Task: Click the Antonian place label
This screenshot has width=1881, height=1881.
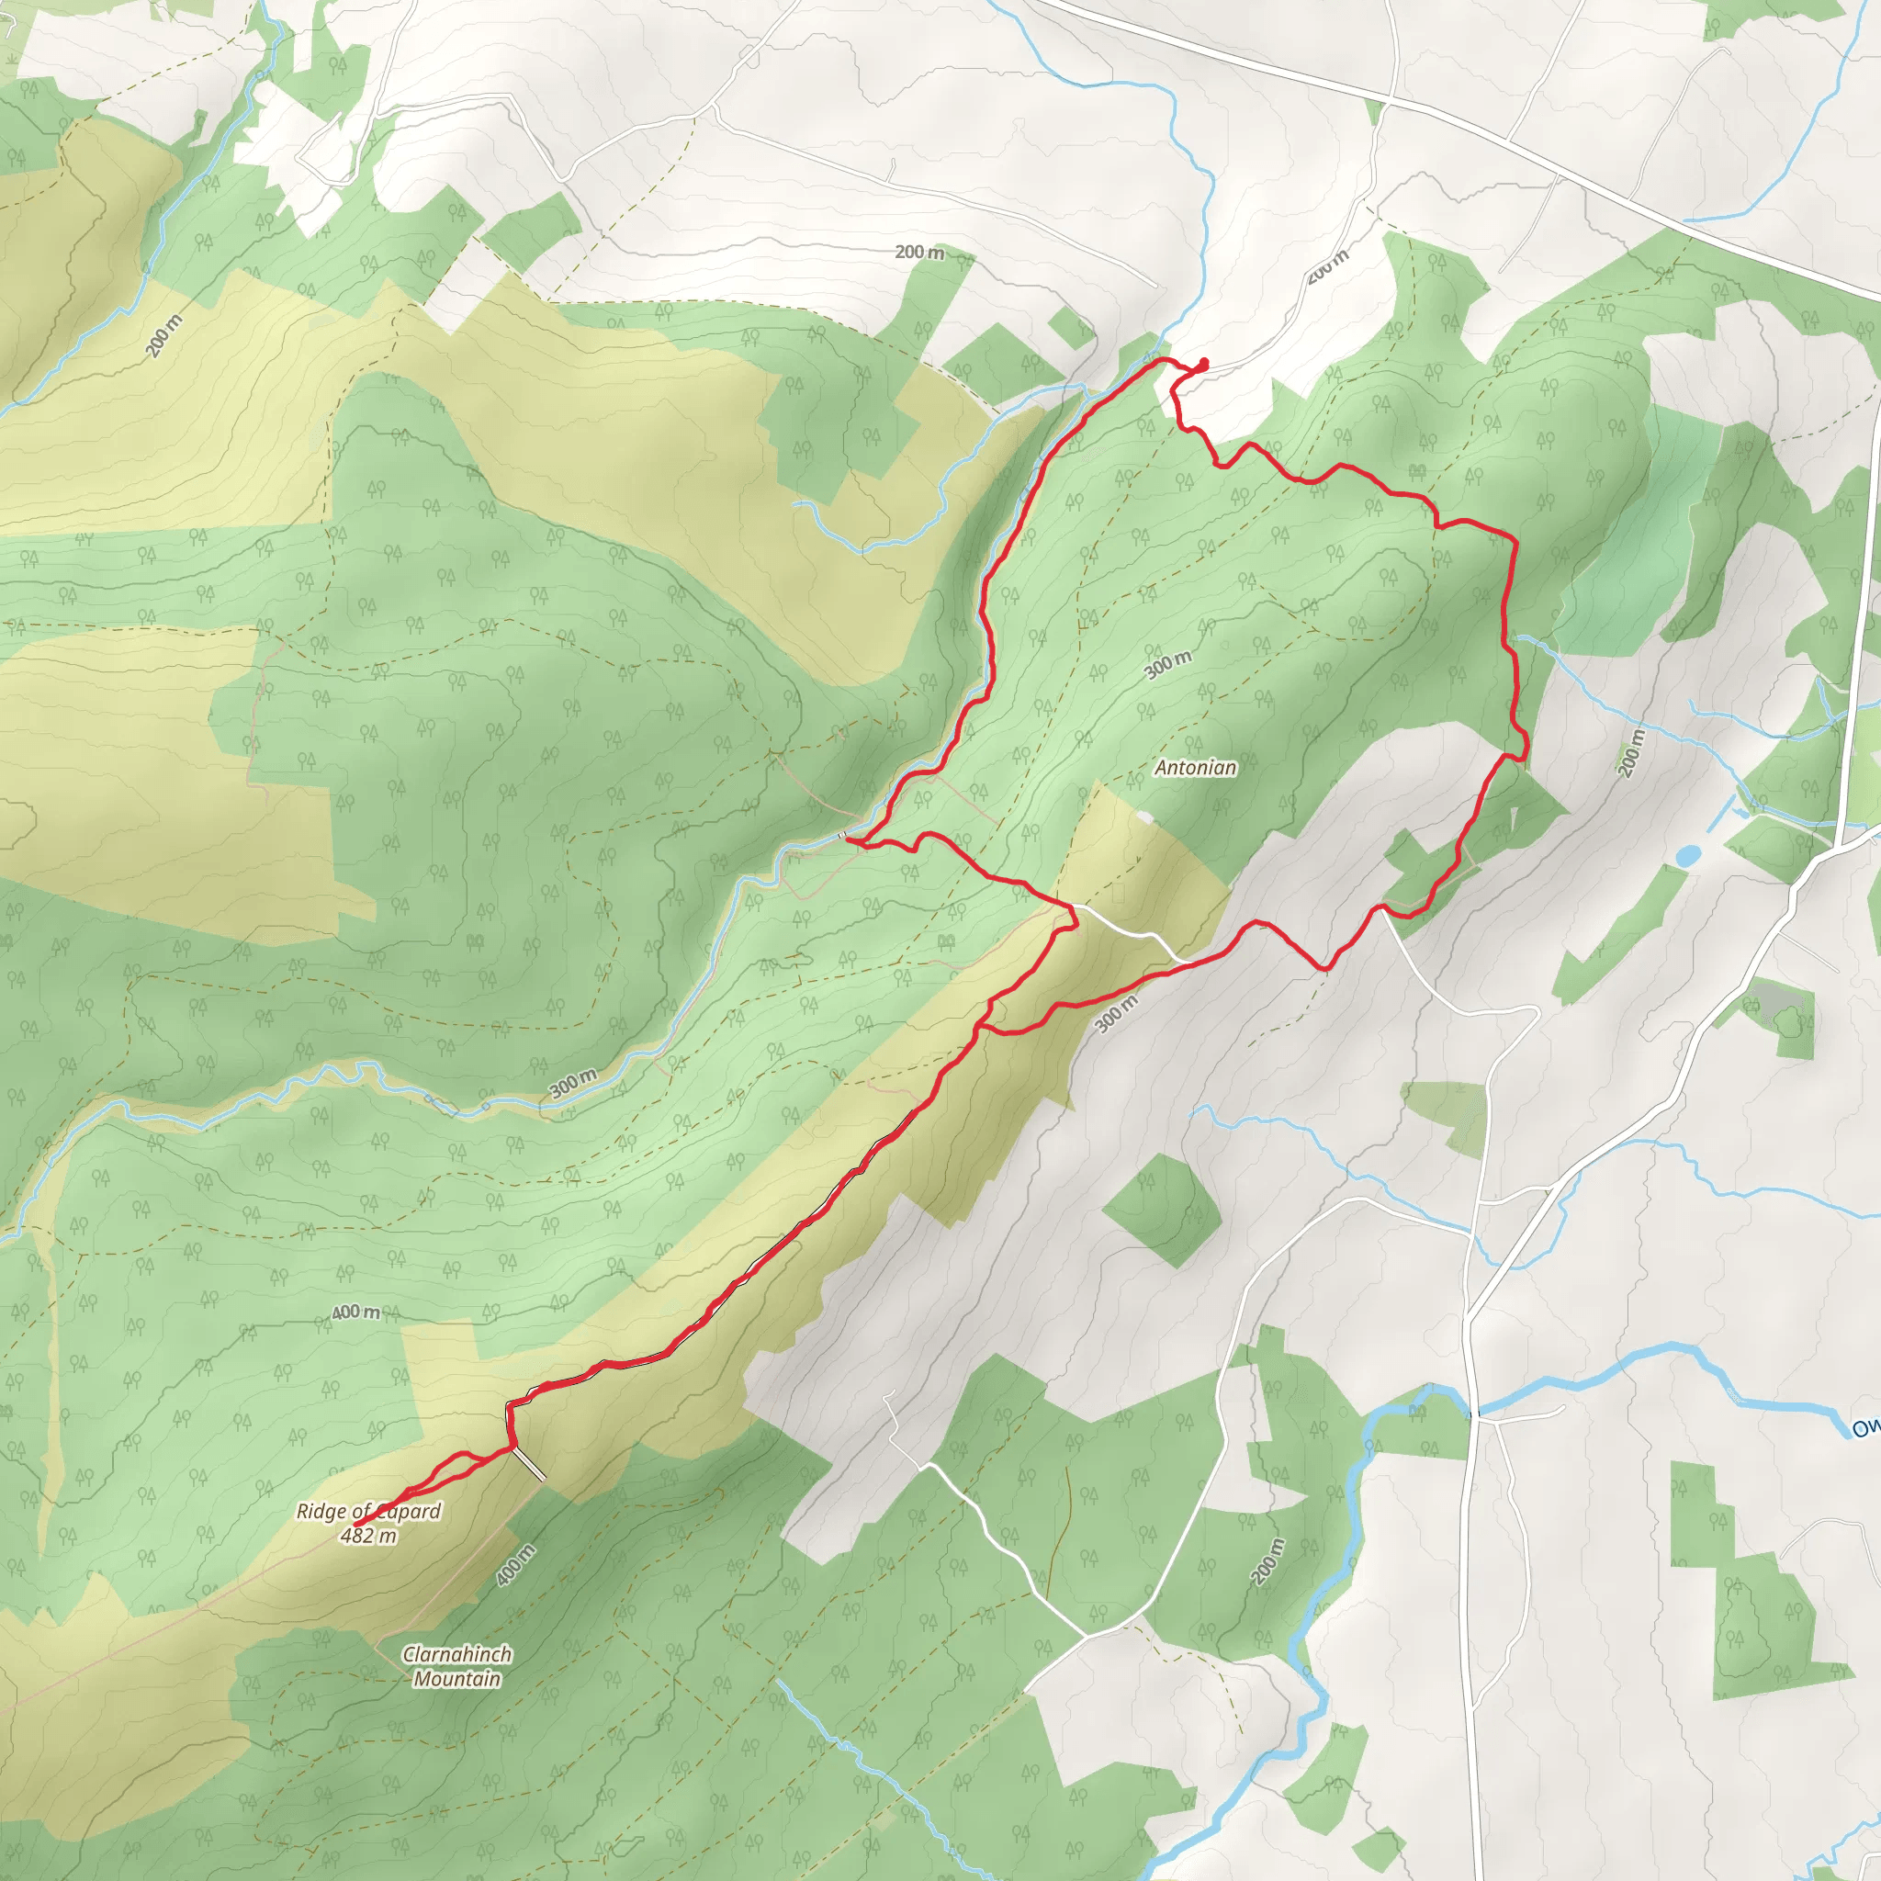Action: (1196, 768)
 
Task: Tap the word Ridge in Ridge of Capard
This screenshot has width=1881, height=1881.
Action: (321, 1512)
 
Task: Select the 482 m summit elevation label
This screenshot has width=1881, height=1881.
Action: (368, 1537)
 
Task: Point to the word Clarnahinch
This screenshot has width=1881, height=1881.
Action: (456, 1654)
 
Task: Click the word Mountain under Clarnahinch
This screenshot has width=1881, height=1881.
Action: (456, 1679)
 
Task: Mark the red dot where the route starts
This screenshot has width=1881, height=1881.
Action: (1203, 364)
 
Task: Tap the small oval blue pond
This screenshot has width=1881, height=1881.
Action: (1688, 856)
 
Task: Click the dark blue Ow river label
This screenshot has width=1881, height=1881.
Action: (1865, 1428)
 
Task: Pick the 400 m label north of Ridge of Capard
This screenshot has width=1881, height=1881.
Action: (355, 1312)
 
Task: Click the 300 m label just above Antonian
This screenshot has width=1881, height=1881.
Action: (1167, 665)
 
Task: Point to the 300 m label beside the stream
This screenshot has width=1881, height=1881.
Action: (572, 1083)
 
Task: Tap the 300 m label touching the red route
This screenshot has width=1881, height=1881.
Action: (1116, 1014)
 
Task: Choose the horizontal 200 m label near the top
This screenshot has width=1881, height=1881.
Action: (919, 253)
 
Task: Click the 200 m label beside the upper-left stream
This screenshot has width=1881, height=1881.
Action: (163, 337)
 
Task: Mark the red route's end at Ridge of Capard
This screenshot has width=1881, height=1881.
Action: (356, 1525)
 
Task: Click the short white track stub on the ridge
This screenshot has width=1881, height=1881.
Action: (530, 1464)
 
